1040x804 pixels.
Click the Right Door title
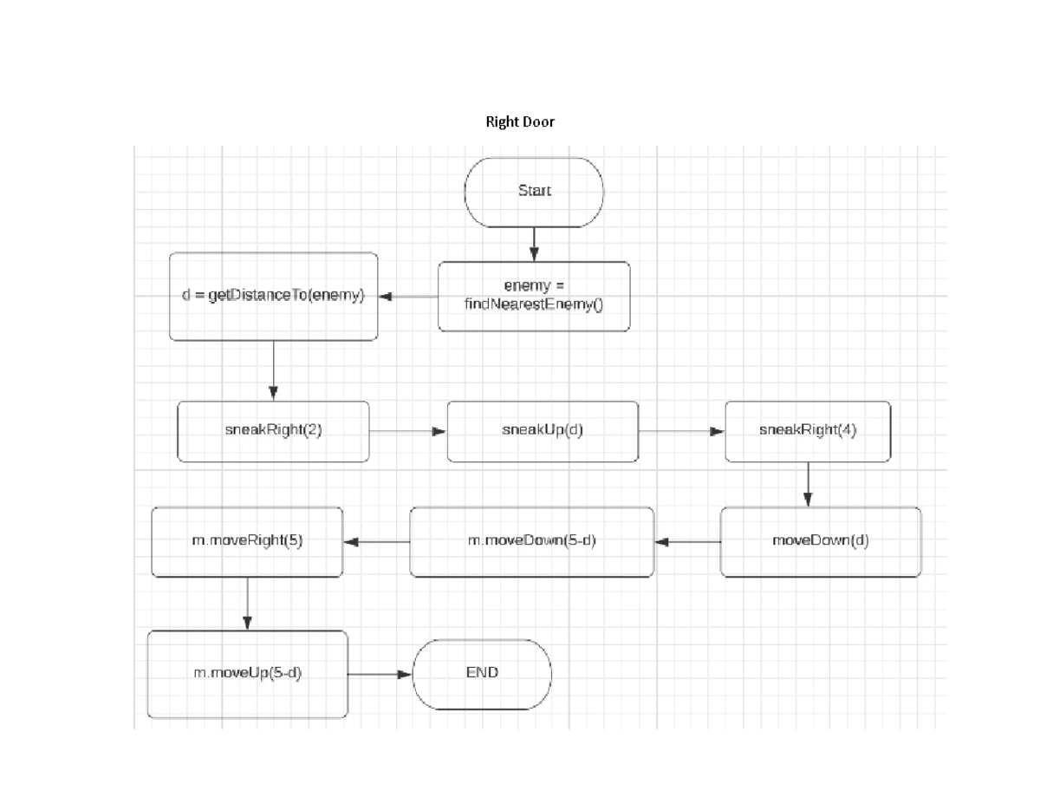tap(519, 122)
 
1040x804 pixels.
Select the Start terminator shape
tap(534, 192)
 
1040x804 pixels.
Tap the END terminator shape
tap(482, 674)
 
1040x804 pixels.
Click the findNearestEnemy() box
tap(534, 297)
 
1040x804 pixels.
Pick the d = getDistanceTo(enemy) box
tap(273, 297)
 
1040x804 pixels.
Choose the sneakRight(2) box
tap(273, 431)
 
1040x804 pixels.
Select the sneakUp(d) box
tap(543, 431)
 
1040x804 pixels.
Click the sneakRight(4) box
tap(807, 431)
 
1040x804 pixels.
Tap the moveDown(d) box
tap(820, 542)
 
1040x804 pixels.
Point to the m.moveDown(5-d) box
tap(531, 542)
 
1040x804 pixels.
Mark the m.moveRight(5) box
tap(247, 542)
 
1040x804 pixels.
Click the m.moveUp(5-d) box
tap(247, 674)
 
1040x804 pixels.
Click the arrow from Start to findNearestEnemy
tap(534, 244)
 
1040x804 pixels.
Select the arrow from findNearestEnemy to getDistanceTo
tap(408, 297)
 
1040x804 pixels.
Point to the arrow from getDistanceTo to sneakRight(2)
tap(273, 370)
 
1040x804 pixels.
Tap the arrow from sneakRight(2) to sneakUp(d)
tap(408, 431)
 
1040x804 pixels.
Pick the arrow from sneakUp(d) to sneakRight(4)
tap(681, 431)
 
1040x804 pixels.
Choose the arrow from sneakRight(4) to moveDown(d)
tap(807, 484)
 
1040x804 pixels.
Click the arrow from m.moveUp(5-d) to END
tap(380, 674)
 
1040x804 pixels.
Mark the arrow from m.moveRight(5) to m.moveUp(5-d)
tap(247, 604)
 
